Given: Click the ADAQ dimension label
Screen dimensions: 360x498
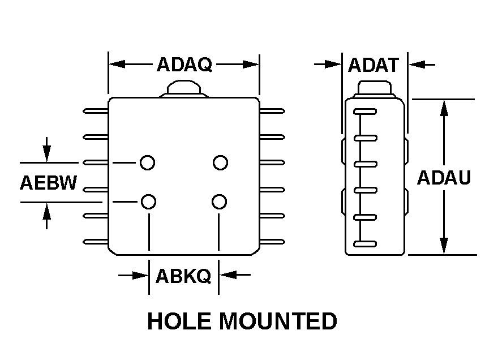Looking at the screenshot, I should pos(184,65).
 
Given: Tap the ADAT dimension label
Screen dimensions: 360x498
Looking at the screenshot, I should pos(373,65).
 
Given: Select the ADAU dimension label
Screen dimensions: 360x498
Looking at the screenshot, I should pos(444,178).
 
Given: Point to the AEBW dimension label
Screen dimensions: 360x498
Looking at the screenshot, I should pos(48,183).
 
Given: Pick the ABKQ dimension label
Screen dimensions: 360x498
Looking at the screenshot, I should pos(183,276).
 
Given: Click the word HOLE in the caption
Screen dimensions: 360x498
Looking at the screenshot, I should pos(179,321).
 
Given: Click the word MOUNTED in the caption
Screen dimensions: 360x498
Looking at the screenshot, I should pos(278,321).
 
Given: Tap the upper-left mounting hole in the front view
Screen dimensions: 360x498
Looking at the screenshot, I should pos(147,163).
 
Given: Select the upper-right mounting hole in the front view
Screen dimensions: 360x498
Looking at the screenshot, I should pos(220,163).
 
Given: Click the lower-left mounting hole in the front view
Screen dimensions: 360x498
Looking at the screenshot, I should pos(148,201).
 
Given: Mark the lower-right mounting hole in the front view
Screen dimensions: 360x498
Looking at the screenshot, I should pos(220,201).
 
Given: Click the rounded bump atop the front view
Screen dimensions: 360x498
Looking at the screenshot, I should pos(183,88).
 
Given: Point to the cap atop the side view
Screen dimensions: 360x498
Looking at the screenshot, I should pos(375,88).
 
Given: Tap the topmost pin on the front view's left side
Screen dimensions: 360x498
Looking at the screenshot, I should pos(96,112).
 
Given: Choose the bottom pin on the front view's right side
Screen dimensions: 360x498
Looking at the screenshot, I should pos(272,242).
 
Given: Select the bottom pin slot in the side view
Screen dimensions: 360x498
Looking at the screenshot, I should pos(365,244).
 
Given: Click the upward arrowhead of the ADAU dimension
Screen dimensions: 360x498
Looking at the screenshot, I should pos(444,108).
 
